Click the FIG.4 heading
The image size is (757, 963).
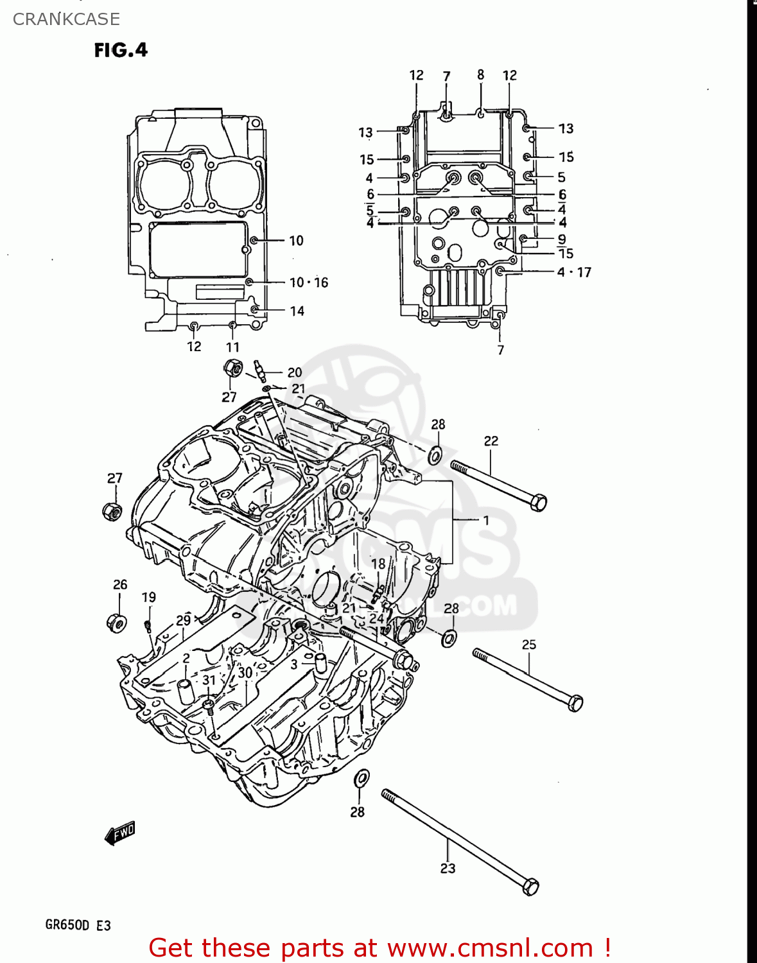click(x=121, y=50)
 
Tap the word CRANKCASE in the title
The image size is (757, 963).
click(x=66, y=19)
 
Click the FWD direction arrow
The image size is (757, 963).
click(x=120, y=833)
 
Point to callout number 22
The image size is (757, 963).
click(x=491, y=441)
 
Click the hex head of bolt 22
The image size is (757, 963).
click(x=539, y=502)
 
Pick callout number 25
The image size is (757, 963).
click(x=528, y=645)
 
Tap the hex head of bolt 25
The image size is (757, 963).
click(x=575, y=703)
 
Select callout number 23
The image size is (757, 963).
click(x=448, y=869)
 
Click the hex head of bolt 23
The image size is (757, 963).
click(x=530, y=887)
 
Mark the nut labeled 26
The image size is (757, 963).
click(x=116, y=623)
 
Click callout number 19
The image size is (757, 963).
click(x=148, y=597)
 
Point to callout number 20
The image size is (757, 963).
click(x=295, y=372)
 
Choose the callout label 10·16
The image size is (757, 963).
click(x=308, y=282)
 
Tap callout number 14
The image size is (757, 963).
click(x=297, y=311)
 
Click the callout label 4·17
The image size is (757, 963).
click(x=573, y=272)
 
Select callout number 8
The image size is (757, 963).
click(x=480, y=75)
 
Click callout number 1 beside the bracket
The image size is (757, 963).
click(x=486, y=520)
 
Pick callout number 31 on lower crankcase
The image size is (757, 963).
click(x=209, y=681)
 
